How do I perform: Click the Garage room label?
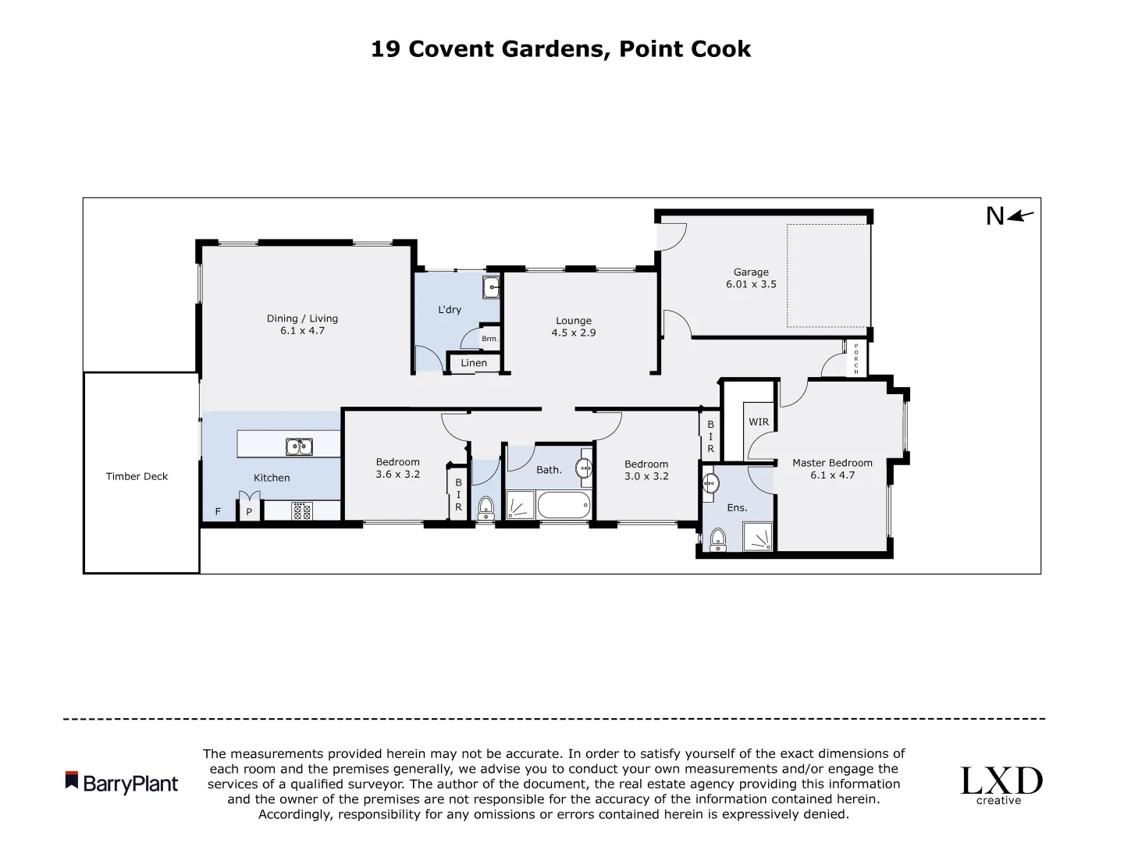pos(751,272)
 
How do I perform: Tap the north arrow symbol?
pos(1020,216)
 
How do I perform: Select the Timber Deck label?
pos(137,476)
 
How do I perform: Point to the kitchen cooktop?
pos(301,511)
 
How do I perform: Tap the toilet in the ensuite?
pos(717,538)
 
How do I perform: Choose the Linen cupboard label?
pos(474,363)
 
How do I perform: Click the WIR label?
pos(759,422)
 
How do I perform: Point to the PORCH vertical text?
pos(856,358)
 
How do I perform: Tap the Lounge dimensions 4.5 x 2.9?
pos(574,333)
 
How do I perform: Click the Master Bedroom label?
pos(832,463)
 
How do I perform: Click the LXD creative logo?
pos(1001,784)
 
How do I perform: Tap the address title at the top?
pos(560,49)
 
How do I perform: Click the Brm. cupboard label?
pos(489,339)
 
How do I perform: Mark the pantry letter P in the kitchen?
pos(249,512)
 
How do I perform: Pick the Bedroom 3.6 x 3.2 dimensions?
pos(398,474)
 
